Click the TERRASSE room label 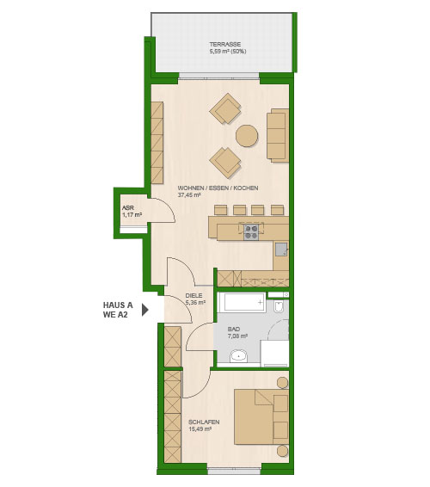224,45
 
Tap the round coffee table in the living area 247,136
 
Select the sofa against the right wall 278,135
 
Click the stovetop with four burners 251,232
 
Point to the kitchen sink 281,249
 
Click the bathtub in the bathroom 242,301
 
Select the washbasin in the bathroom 239,355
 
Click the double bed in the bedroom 261,416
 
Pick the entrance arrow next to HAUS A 145,310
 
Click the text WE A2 115,315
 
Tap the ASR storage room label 127,207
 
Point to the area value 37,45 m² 189,195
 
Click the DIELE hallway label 193,296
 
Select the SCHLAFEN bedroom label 204,422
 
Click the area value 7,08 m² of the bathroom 237,336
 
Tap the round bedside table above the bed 283,383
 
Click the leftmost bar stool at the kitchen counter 221,210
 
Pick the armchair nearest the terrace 225,108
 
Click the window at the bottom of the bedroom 234,472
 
